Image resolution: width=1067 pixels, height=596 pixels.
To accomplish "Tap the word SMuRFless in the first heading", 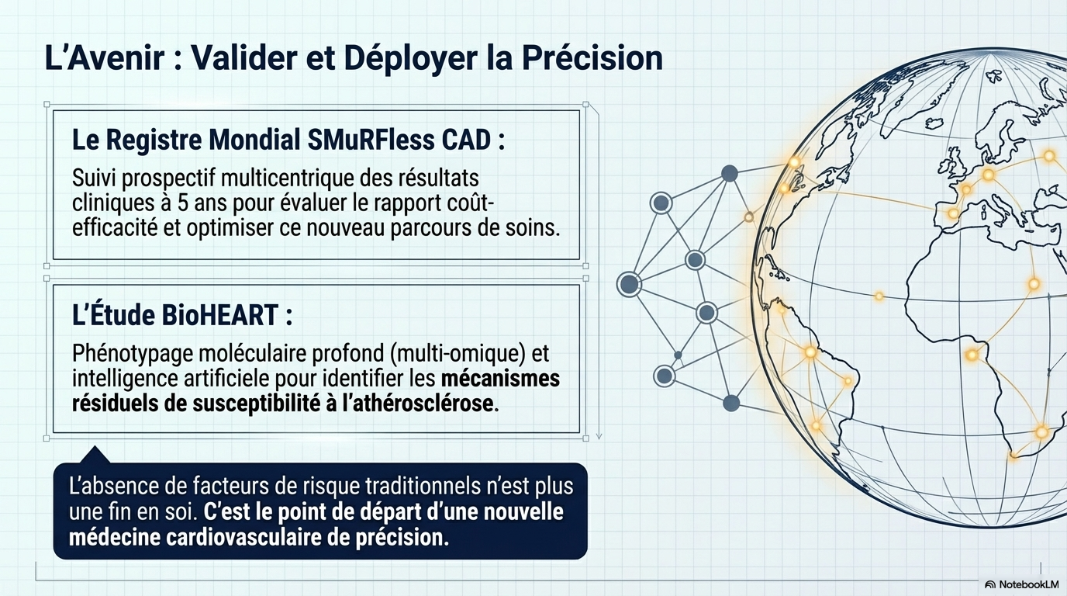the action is (371, 140).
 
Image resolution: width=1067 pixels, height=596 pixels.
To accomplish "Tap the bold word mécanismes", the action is (500, 379).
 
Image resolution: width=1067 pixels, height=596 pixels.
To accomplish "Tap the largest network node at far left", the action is (629, 284).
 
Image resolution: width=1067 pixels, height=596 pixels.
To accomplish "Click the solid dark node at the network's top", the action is (729, 174).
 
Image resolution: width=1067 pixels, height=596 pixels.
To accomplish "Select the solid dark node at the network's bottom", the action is (731, 404).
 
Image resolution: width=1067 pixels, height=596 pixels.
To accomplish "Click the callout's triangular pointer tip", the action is (95, 447).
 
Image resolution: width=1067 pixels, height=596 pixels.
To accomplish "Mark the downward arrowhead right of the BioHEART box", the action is (599, 436).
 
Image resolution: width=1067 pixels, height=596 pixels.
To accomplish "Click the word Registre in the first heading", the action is (155, 141).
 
